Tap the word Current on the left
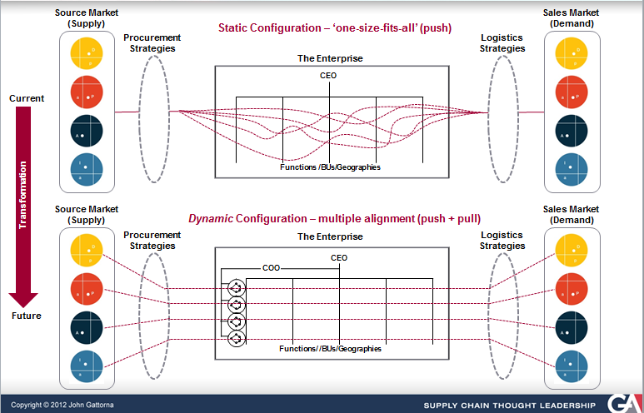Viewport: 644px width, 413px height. click(x=27, y=98)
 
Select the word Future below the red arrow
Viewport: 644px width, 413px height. click(x=27, y=316)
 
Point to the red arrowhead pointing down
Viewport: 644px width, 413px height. click(x=23, y=296)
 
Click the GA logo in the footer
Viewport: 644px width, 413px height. click(x=621, y=403)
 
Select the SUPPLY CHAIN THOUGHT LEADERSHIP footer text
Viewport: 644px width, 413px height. click(x=510, y=406)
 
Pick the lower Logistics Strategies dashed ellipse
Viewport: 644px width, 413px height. click(x=502, y=305)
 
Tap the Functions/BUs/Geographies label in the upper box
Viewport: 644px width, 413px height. click(x=330, y=167)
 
